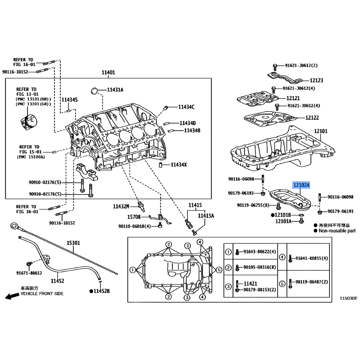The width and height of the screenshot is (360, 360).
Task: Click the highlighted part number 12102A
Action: click(301, 185)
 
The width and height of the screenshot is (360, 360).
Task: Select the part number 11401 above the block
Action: click(108, 72)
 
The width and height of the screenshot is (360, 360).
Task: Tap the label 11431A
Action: click(115, 90)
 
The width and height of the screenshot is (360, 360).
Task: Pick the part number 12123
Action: click(316, 81)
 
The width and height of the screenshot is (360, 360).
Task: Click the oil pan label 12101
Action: click(321, 131)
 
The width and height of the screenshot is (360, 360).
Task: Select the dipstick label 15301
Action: click(73, 243)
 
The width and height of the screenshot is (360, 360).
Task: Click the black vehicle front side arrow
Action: click(12, 296)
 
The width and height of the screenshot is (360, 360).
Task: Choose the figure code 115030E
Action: click(348, 298)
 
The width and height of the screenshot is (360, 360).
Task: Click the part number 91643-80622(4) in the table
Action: click(260, 252)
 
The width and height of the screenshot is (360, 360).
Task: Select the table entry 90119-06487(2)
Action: click(311, 282)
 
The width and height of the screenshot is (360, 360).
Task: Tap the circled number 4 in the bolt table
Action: click(282, 257)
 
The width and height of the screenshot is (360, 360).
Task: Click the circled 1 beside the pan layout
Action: click(132, 270)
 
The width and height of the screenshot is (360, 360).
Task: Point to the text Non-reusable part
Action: click(337, 231)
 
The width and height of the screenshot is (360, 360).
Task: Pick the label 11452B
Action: click(102, 291)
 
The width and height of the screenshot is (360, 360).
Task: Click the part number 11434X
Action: click(179, 165)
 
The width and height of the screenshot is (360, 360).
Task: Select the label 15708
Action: click(134, 217)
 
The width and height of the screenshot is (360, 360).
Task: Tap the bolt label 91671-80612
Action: click(29, 273)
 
